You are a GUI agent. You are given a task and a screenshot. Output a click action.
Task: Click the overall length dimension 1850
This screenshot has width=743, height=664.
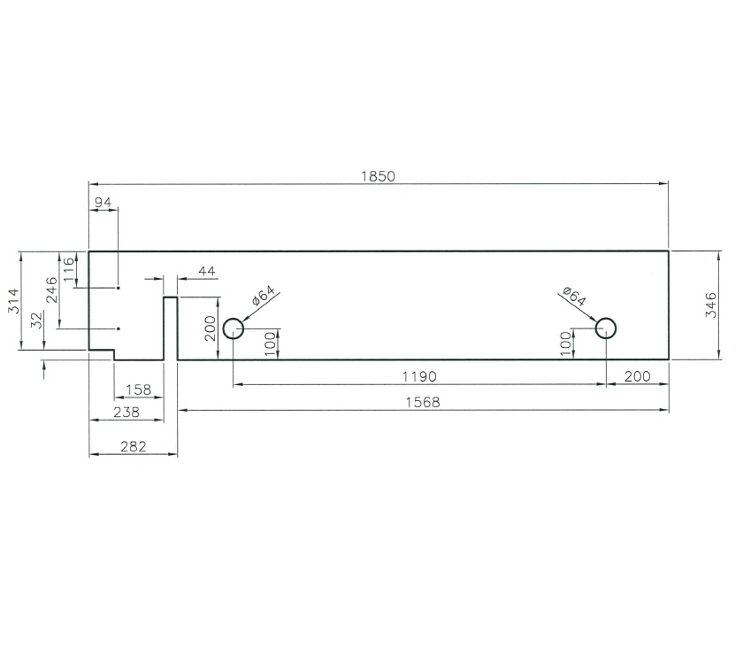(x=378, y=175)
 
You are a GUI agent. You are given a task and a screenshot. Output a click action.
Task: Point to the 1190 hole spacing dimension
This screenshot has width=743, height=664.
(x=419, y=376)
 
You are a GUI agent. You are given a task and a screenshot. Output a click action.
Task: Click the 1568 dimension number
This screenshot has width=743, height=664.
(x=422, y=402)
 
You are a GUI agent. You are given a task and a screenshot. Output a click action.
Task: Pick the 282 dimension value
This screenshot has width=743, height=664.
(x=134, y=446)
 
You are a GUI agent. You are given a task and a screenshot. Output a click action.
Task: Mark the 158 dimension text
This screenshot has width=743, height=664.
(x=140, y=389)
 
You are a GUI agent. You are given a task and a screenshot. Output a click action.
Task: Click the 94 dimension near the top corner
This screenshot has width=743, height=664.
(x=103, y=203)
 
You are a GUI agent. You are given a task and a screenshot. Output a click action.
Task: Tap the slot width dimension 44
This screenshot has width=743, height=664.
(x=207, y=270)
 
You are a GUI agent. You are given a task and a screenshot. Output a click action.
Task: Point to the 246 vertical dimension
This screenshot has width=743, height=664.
(x=50, y=290)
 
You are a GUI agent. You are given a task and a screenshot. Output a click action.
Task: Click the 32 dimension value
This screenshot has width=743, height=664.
(x=36, y=320)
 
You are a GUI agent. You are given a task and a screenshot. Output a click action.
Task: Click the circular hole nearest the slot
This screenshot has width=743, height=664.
(x=233, y=328)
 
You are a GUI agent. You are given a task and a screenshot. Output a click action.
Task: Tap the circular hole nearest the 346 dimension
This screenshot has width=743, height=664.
(x=606, y=328)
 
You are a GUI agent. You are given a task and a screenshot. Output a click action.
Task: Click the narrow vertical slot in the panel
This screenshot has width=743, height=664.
(x=171, y=328)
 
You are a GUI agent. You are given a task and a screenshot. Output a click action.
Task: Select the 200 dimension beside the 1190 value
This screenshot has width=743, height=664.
(x=637, y=376)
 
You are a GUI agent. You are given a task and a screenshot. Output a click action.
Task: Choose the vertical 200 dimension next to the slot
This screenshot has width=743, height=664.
(x=209, y=328)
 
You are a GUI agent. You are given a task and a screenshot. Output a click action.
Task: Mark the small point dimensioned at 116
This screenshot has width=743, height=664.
(x=118, y=288)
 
